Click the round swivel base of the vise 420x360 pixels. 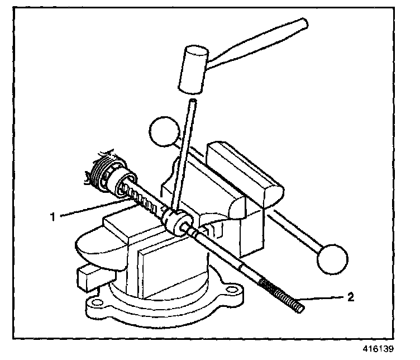(168, 305)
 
